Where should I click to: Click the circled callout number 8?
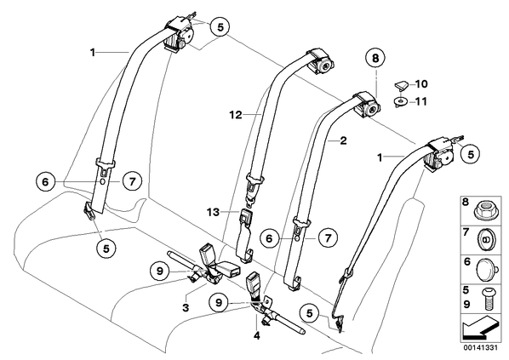pyautogui.click(x=375, y=59)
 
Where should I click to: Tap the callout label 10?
pyautogui.click(x=421, y=84)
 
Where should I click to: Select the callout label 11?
pyautogui.click(x=421, y=101)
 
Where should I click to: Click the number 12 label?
pyautogui.click(x=236, y=115)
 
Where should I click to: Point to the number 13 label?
pyautogui.click(x=214, y=212)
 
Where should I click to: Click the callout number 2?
pyautogui.click(x=343, y=140)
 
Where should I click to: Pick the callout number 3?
pyautogui.click(x=186, y=307)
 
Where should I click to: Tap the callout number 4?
pyautogui.click(x=257, y=335)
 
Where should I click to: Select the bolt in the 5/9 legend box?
pyautogui.click(x=486, y=299)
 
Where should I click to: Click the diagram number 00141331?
pyautogui.click(x=480, y=347)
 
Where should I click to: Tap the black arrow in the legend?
pyautogui.click(x=480, y=329)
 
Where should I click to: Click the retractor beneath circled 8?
pyautogui.click(x=367, y=105)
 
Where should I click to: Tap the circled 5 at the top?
pyautogui.click(x=220, y=27)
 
